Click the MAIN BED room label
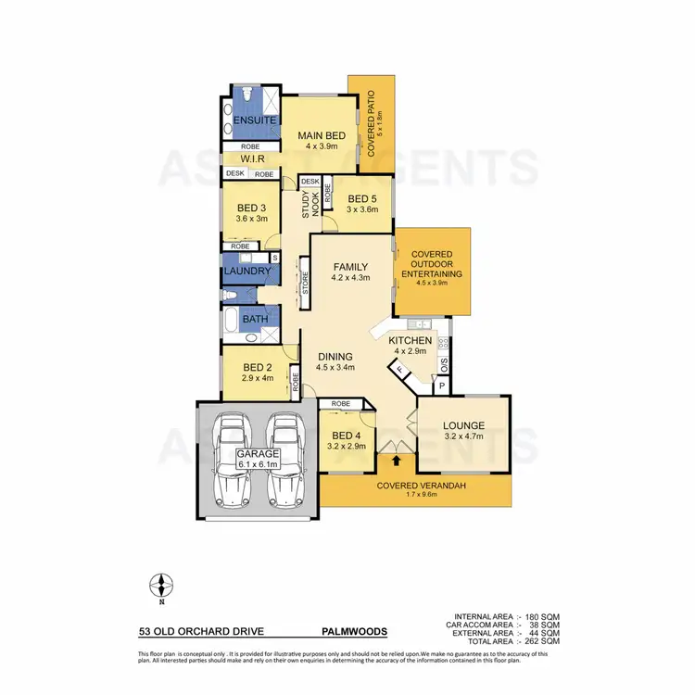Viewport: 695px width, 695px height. click(322, 136)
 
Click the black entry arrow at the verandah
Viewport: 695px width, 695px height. click(398, 459)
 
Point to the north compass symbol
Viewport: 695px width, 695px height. click(162, 586)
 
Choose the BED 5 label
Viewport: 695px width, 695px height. click(361, 197)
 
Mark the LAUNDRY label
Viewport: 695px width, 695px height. click(247, 272)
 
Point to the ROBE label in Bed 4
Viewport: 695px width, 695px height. click(339, 404)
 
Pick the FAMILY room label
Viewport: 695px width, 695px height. click(351, 266)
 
